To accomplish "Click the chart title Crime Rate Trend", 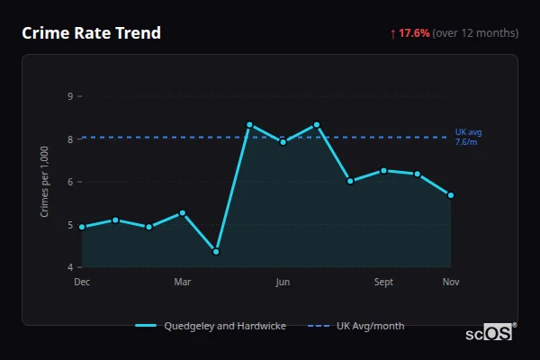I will pos(91,33).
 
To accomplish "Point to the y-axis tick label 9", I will pos(70,96).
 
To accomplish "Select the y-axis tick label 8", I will pos(70,139).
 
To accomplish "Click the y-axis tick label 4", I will pos(70,267).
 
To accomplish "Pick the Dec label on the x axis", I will pos(82,283).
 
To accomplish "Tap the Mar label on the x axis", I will pos(183,283).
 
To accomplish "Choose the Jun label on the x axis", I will pos(283,283).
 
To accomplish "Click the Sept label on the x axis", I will pos(383,283).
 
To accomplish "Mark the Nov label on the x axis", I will pos(451,283).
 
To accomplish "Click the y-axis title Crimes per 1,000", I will pos(44,182).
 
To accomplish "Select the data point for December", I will pos(82,227).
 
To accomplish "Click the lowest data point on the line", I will pos(216,251).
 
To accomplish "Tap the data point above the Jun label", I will pos(283,141).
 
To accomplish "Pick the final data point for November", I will pos(451,194).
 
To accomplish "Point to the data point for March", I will pos(183,212).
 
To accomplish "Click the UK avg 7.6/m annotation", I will pos(467,137).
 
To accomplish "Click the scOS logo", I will pos(490,333).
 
